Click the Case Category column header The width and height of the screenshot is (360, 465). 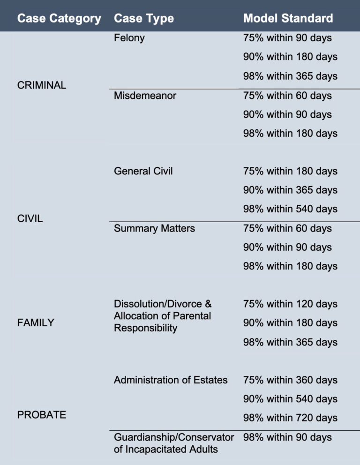pyautogui.click(x=59, y=19)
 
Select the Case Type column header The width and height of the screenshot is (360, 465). pyautogui.click(x=144, y=19)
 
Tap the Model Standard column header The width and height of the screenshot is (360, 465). pyautogui.click(x=288, y=19)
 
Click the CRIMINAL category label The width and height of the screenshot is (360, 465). pyautogui.click(x=42, y=85)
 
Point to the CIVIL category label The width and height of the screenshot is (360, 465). pyautogui.click(x=30, y=218)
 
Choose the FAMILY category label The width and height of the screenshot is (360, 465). pyautogui.click(x=36, y=322)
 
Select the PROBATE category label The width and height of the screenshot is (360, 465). pyautogui.click(x=42, y=415)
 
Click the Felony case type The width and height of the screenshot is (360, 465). pyautogui.click(x=129, y=38)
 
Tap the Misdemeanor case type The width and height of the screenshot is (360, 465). pyautogui.click(x=145, y=96)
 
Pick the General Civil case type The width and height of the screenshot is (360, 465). pyautogui.click(x=143, y=171)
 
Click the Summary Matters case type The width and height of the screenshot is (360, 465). pyautogui.click(x=155, y=228)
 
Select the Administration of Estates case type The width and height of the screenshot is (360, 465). pyautogui.click(x=171, y=380)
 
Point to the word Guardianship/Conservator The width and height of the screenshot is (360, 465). pyautogui.click(x=174, y=437)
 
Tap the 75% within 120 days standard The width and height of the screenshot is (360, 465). pyautogui.click(x=290, y=304)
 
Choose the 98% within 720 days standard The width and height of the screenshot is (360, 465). pyautogui.click(x=290, y=418)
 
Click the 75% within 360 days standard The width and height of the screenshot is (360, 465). pyautogui.click(x=290, y=380)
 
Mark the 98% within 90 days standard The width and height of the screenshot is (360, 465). pyautogui.click(x=287, y=437)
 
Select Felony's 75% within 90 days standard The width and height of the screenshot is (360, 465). pyautogui.click(x=287, y=38)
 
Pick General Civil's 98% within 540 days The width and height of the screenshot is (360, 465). pyautogui.click(x=290, y=209)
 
